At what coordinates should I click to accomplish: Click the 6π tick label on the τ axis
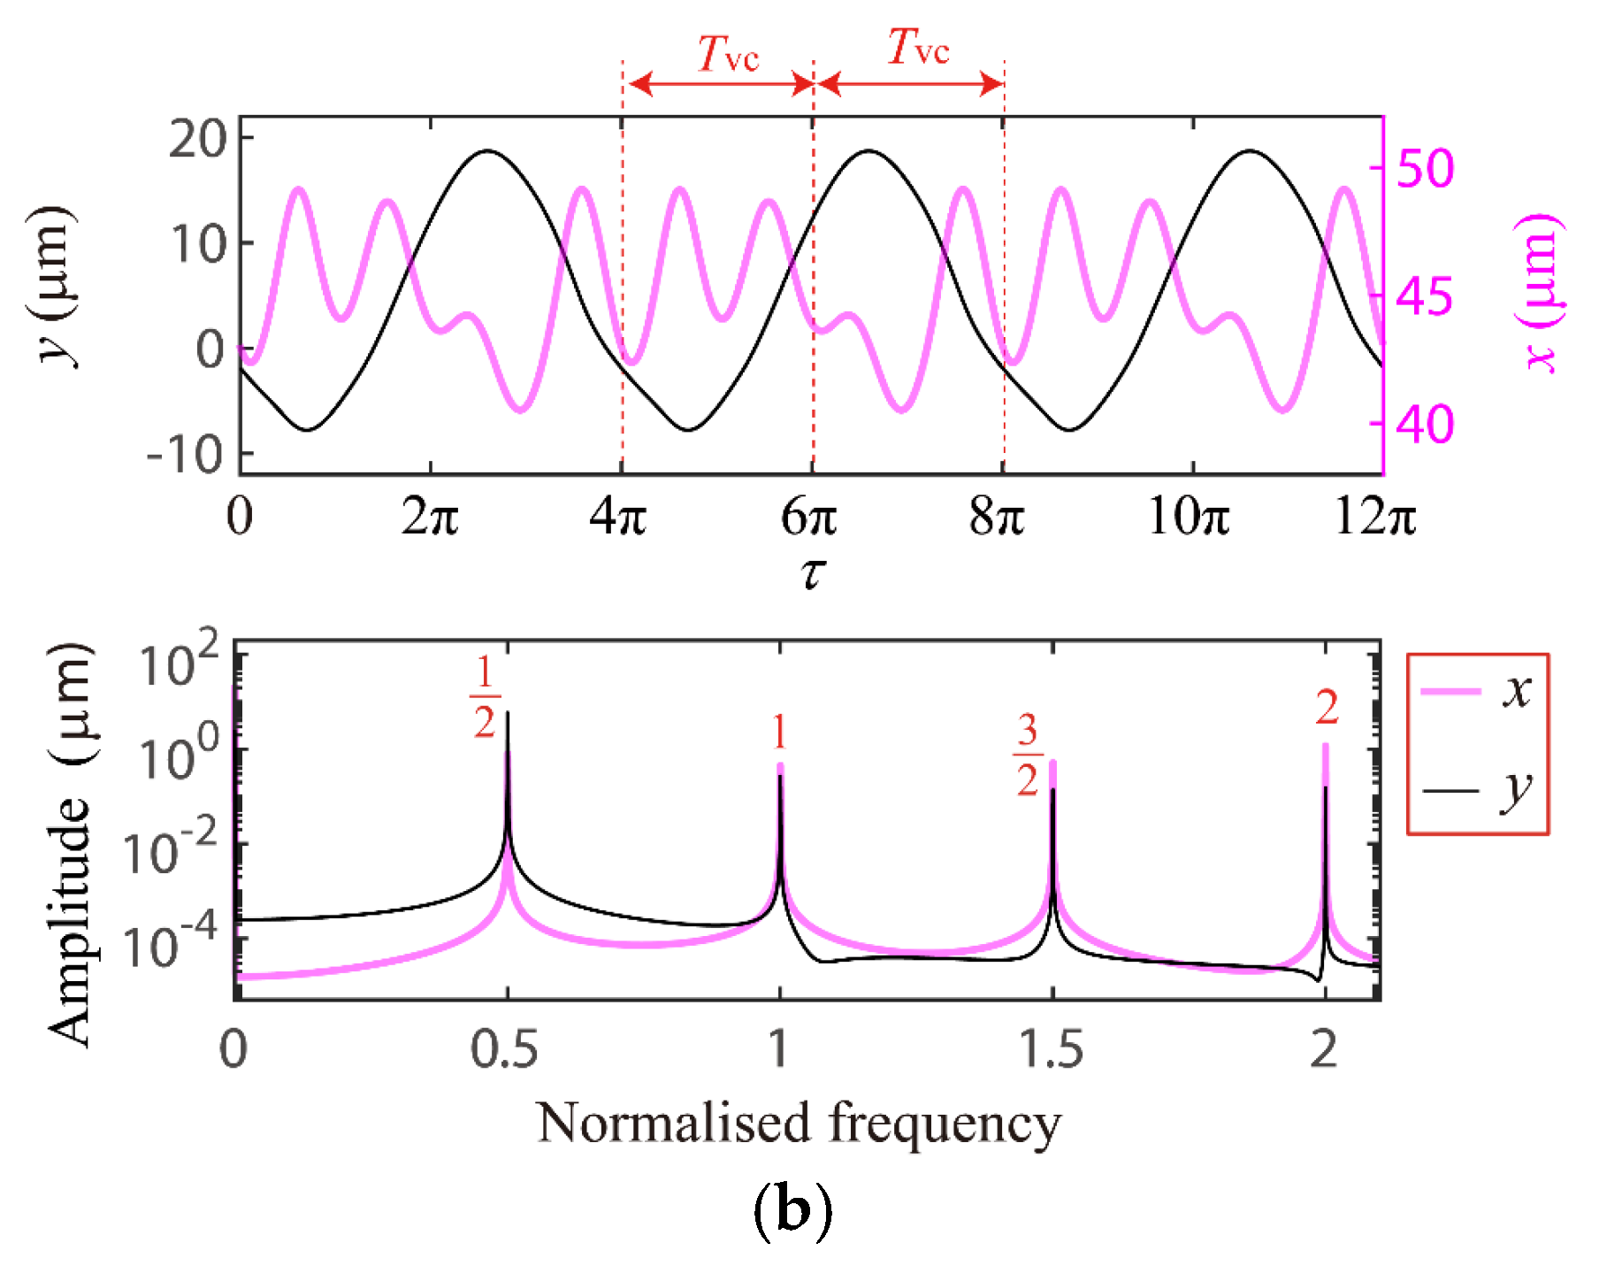808,516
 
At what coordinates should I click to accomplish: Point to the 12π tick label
1374,516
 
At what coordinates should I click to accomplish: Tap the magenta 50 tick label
1424,168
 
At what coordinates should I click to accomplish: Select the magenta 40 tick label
1424,425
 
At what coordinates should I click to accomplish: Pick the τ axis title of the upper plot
812,572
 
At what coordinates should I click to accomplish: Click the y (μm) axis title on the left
55,285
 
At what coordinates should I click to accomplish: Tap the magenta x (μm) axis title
1540,292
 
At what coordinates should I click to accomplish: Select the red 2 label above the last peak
1327,708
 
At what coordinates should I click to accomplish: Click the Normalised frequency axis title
798,1124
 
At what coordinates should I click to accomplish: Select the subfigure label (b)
792,1211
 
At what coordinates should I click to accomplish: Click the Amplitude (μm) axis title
69,845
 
